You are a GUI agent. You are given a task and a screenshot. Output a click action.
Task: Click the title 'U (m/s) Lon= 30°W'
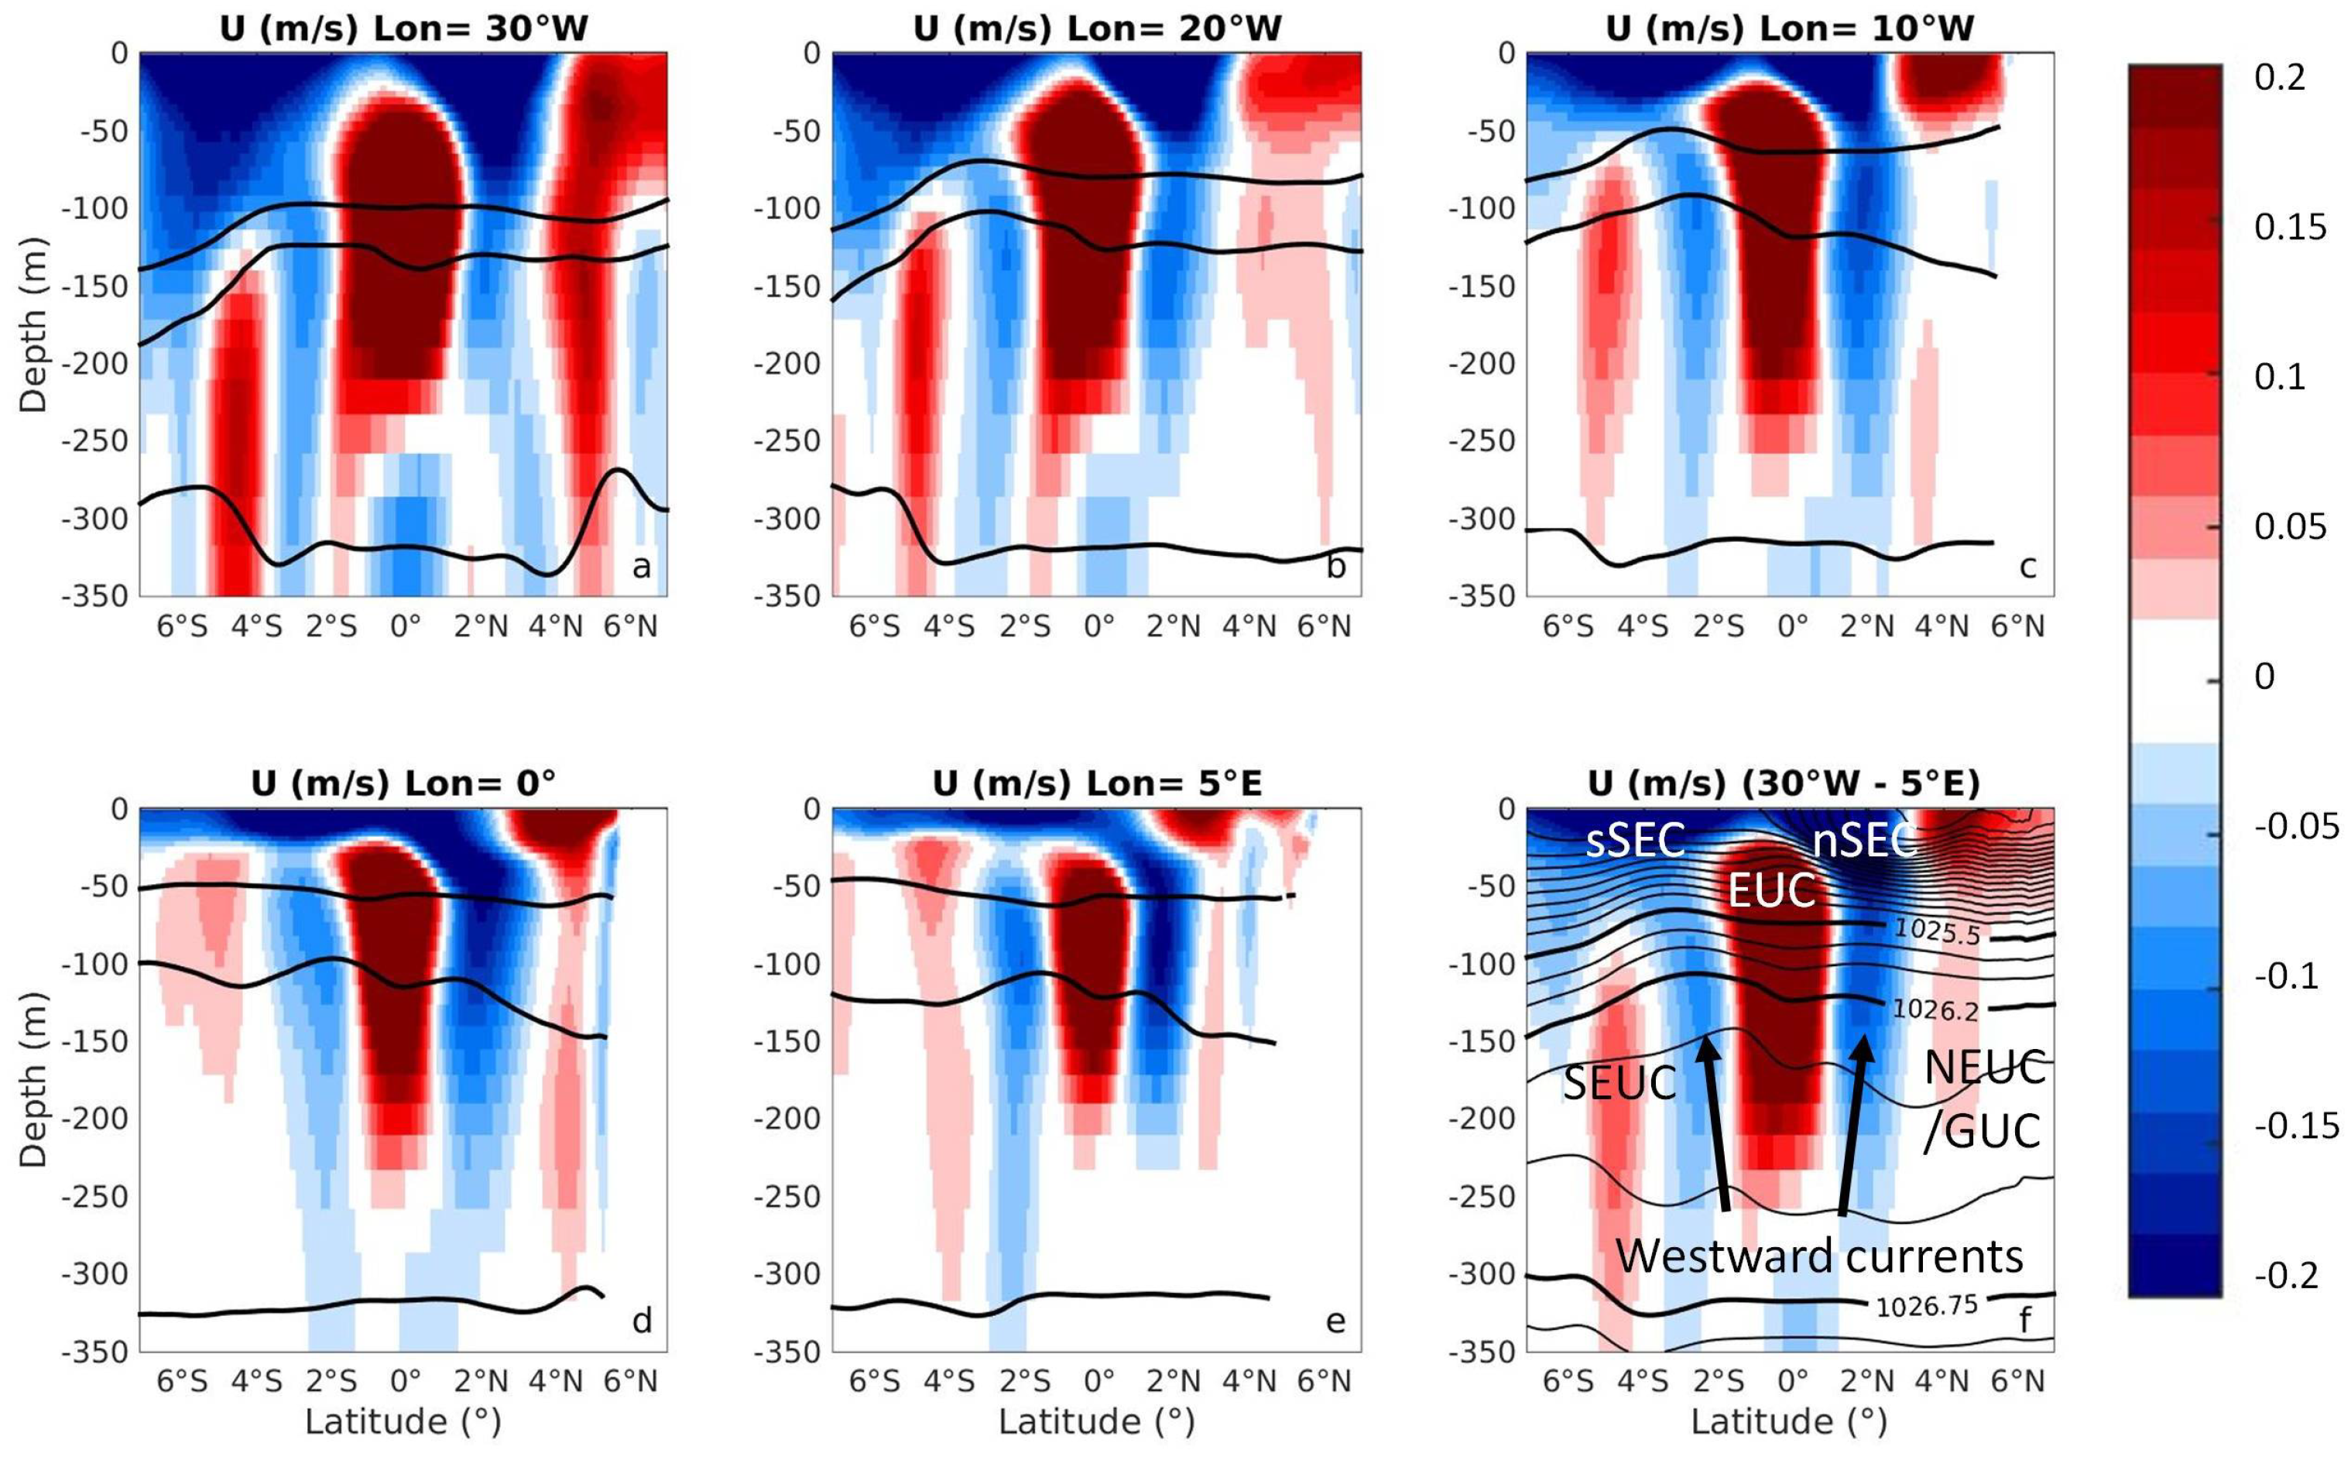[x=404, y=28]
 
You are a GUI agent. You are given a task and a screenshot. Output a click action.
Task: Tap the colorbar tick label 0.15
[x=2289, y=227]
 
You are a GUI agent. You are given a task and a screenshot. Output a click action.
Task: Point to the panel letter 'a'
[x=641, y=567]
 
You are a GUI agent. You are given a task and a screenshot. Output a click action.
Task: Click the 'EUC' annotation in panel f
[x=1771, y=890]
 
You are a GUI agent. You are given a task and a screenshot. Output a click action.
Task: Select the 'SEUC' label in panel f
[x=1619, y=1083]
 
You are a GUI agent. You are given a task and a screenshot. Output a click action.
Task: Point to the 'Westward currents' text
[x=1819, y=1256]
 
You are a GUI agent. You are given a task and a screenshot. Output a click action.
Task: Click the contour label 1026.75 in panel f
[x=1925, y=1306]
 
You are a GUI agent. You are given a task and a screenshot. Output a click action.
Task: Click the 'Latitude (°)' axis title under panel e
[x=1096, y=1421]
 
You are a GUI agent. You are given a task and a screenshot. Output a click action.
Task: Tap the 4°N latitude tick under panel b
[x=1249, y=627]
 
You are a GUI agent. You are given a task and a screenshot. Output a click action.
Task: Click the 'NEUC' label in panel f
[x=1984, y=1068]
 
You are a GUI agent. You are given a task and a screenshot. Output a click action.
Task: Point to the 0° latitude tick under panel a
[x=406, y=627]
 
